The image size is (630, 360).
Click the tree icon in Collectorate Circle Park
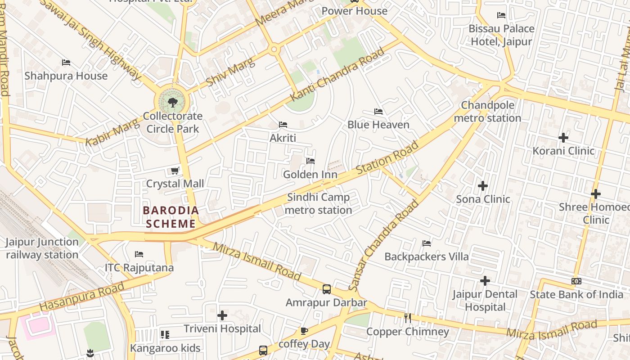172,103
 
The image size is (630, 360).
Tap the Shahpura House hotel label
66,76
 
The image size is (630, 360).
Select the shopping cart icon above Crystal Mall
175,171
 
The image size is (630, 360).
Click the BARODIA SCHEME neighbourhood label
171,217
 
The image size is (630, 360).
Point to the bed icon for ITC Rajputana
139,254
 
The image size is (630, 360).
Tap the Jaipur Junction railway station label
42,248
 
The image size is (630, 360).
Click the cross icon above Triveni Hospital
222,315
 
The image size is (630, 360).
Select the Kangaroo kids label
165,348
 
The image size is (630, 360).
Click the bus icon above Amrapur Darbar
327,289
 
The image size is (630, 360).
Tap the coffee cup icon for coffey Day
304,331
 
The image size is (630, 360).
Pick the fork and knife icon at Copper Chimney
408,319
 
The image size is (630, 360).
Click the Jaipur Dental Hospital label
485,301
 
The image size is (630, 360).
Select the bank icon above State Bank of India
576,281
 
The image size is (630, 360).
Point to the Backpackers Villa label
427,256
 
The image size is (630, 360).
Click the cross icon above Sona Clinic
483,185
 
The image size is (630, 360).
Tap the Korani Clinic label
563,151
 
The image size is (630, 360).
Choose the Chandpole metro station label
487,112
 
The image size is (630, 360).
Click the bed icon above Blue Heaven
378,112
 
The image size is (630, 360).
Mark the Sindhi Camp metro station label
318,203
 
